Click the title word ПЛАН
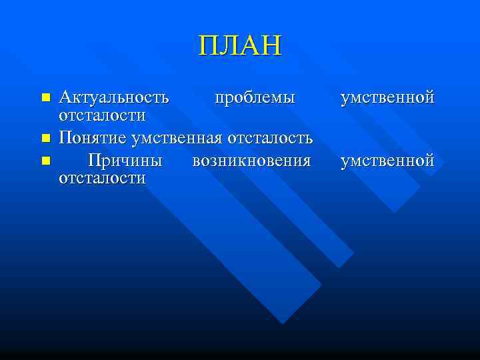tap(240, 47)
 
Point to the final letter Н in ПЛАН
tap(272, 47)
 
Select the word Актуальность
tap(113, 98)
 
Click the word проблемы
tap(254, 98)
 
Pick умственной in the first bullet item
tap(387, 98)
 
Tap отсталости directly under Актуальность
tap(102, 115)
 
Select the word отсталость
tap(271, 139)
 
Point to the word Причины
tap(125, 161)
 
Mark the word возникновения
tap(251, 161)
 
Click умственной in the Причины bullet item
tap(387, 161)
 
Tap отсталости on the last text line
tap(102, 178)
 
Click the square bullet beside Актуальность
tap(45, 99)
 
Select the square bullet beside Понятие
tap(45, 139)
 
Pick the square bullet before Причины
tap(45, 161)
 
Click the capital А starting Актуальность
tap(65, 98)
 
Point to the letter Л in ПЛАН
tap(229, 47)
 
